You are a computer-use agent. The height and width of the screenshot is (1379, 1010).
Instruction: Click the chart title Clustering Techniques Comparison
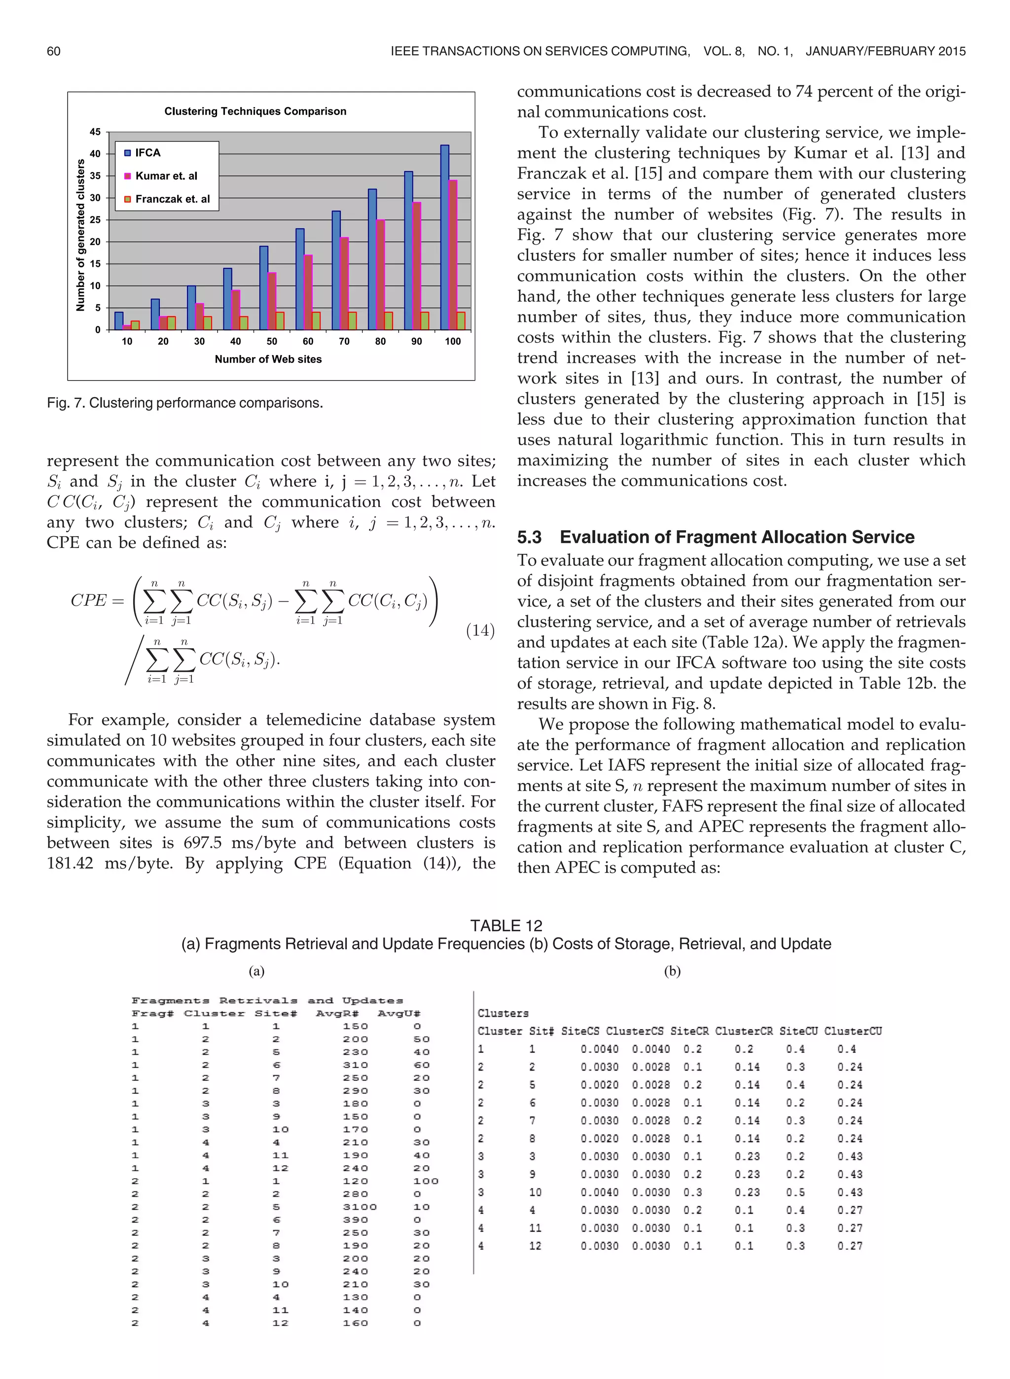tap(255, 111)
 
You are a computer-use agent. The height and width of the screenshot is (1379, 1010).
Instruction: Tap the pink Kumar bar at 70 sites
tap(344, 283)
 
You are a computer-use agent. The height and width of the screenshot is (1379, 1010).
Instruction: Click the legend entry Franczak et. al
tap(172, 199)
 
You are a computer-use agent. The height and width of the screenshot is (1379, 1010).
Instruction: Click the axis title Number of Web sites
tap(268, 360)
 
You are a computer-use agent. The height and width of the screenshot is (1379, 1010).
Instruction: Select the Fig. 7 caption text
tap(184, 403)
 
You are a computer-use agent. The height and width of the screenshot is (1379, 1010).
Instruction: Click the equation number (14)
tap(480, 630)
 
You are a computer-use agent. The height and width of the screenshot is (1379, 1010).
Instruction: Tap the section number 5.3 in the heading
tap(530, 537)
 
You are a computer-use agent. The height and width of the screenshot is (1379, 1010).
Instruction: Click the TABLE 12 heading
tap(505, 925)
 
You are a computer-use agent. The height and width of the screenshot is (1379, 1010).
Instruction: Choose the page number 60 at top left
tap(54, 51)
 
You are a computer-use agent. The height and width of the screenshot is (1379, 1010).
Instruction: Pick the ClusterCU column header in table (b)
tap(852, 1031)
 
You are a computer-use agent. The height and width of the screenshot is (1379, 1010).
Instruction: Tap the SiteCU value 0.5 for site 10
tap(795, 1192)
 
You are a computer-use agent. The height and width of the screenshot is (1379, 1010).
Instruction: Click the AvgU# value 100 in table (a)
tap(426, 1181)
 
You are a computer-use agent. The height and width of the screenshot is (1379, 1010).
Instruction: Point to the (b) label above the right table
tap(672, 971)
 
